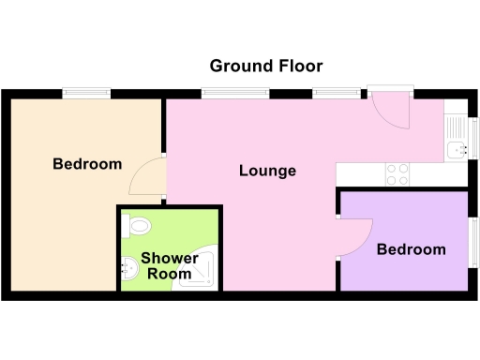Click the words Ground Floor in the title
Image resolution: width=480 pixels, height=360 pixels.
266,66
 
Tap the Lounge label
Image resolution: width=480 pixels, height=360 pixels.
267,171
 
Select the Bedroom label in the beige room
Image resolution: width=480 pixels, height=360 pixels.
87,164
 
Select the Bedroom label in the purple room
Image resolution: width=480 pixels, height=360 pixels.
411,249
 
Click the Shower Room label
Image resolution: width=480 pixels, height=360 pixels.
170,265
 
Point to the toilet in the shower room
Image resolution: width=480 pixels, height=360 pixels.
140,226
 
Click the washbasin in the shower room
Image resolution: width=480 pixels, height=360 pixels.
129,270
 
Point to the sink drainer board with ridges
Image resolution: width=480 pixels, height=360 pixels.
457,126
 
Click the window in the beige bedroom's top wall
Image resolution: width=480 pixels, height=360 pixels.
86,93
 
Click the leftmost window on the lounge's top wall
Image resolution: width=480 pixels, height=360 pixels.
225,93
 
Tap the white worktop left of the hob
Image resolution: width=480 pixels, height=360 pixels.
360,173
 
